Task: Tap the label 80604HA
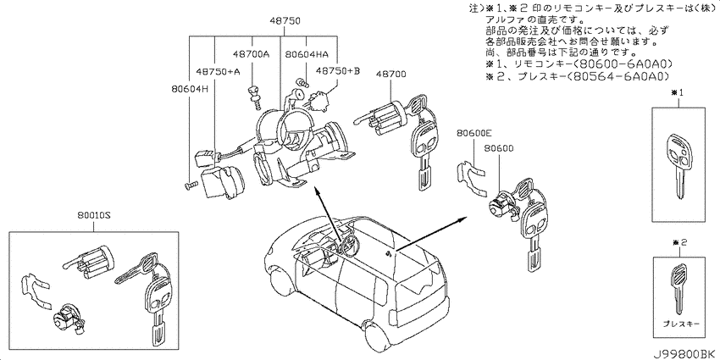click(x=307, y=54)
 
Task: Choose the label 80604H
click(x=191, y=89)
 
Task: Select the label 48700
click(x=391, y=74)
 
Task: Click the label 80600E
click(x=474, y=133)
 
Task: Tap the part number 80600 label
click(x=499, y=148)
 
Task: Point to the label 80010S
click(x=95, y=215)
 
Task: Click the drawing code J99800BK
click(x=684, y=353)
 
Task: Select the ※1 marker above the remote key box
click(x=678, y=93)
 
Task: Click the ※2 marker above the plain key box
click(x=679, y=242)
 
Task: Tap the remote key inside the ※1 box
click(x=678, y=165)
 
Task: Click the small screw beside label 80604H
click(x=190, y=185)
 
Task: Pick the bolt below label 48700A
click(x=254, y=96)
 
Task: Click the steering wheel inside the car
click(x=347, y=243)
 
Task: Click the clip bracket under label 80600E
click(x=472, y=178)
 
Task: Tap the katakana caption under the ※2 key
click(x=681, y=324)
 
